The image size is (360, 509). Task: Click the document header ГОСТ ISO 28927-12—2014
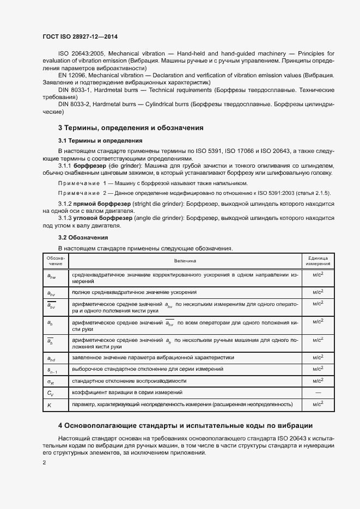[80, 37]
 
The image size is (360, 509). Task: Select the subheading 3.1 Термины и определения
[96, 141]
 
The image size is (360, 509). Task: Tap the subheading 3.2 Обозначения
[83, 238]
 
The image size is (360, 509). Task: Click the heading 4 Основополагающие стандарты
[185, 425]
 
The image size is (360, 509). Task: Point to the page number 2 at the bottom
[45, 463]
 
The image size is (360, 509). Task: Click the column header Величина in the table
[185, 261]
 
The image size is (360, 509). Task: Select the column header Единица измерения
[318, 261]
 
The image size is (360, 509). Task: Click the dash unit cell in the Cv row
[318, 392]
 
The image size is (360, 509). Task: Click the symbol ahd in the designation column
[51, 358]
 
